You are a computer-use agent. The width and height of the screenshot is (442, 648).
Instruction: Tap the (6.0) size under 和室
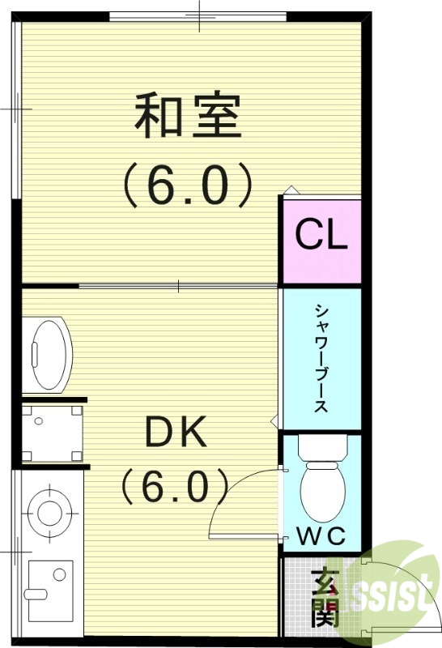pos(187,185)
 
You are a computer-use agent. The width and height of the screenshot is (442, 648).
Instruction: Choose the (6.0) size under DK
pos(175,486)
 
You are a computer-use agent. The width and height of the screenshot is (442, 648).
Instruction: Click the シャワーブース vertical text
pos(321,357)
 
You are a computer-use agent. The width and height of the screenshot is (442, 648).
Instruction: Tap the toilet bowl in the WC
pos(323,491)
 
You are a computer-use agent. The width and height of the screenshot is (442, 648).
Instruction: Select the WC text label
pos(321,535)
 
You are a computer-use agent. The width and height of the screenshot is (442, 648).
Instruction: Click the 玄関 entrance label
pos(324,599)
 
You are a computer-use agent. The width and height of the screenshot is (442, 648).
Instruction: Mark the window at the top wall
pos(198,16)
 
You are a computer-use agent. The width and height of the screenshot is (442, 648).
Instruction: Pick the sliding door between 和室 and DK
pos(178,285)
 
